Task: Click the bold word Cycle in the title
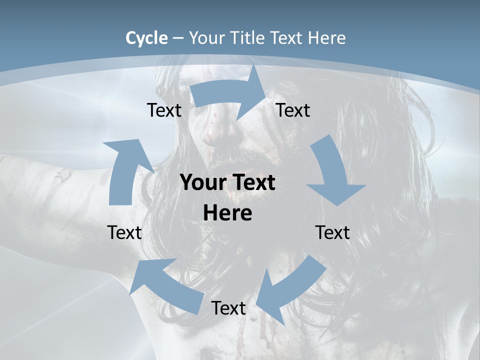tap(146, 38)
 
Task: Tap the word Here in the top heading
tap(327, 38)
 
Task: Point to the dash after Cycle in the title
tap(178, 38)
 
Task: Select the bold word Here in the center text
tap(227, 213)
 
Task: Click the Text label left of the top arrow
tap(164, 110)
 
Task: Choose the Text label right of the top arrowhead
tap(293, 110)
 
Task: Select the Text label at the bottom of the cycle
tap(228, 308)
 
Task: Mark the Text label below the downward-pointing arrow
tap(332, 232)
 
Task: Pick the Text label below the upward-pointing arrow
tap(124, 232)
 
